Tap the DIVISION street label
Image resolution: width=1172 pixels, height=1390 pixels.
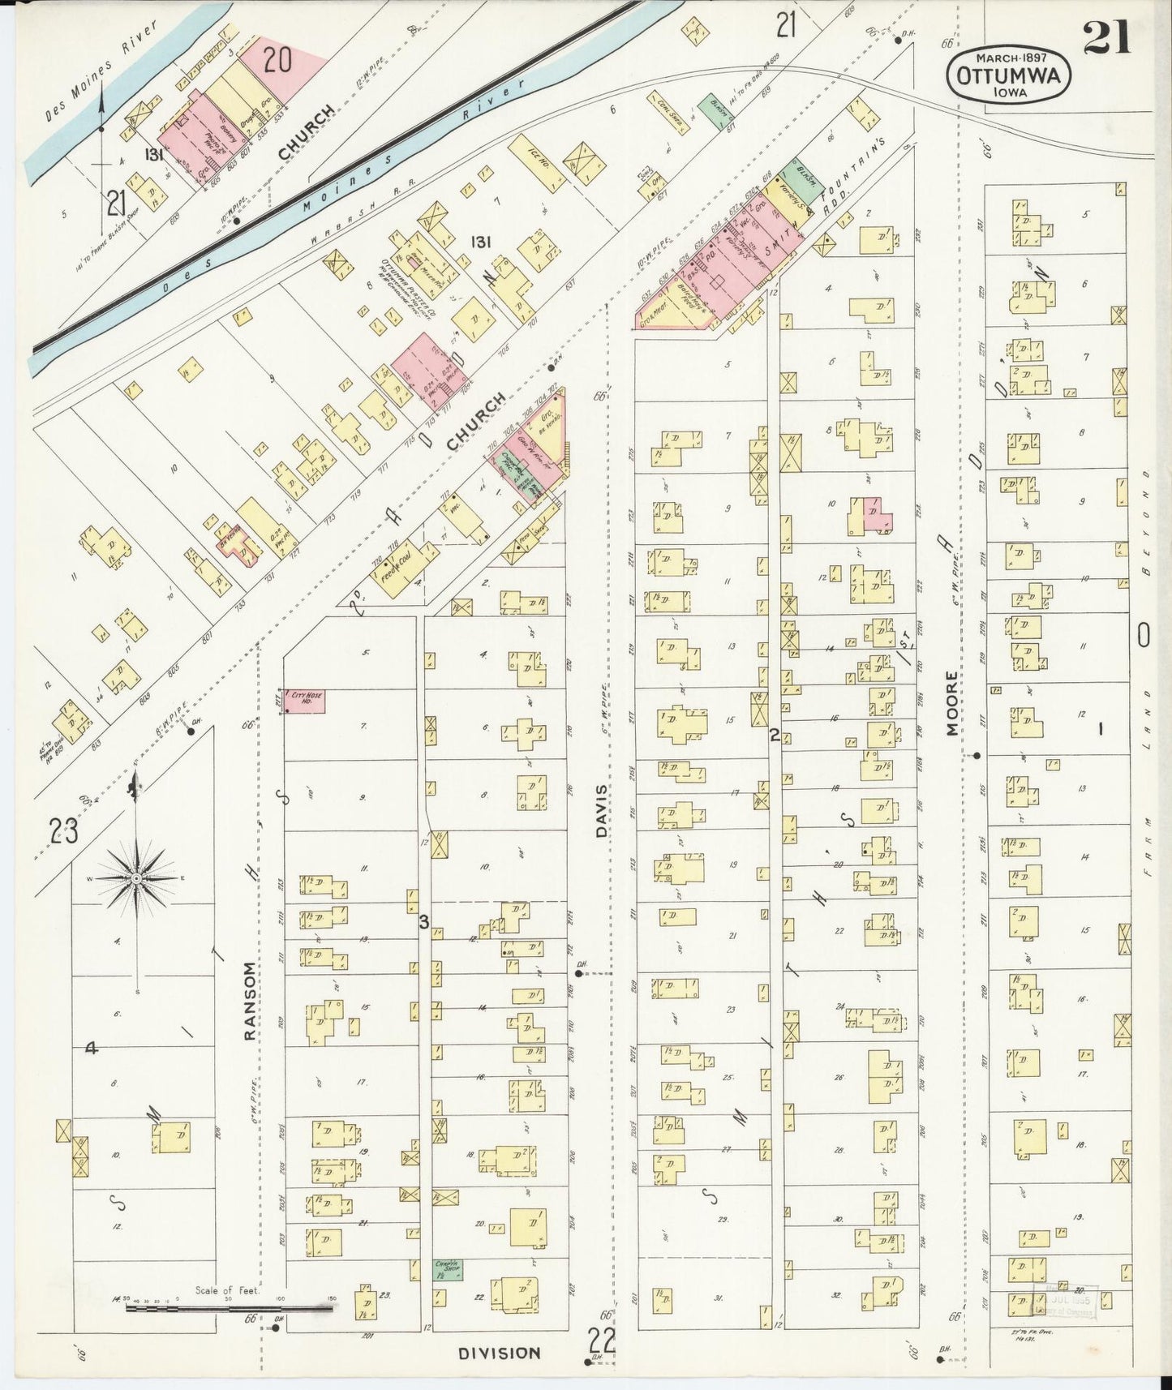[499, 1353]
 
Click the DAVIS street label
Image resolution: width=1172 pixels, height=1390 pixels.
[601, 809]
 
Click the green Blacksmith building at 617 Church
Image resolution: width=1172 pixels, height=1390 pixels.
[715, 111]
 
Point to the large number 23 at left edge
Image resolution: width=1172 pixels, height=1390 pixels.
[62, 831]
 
